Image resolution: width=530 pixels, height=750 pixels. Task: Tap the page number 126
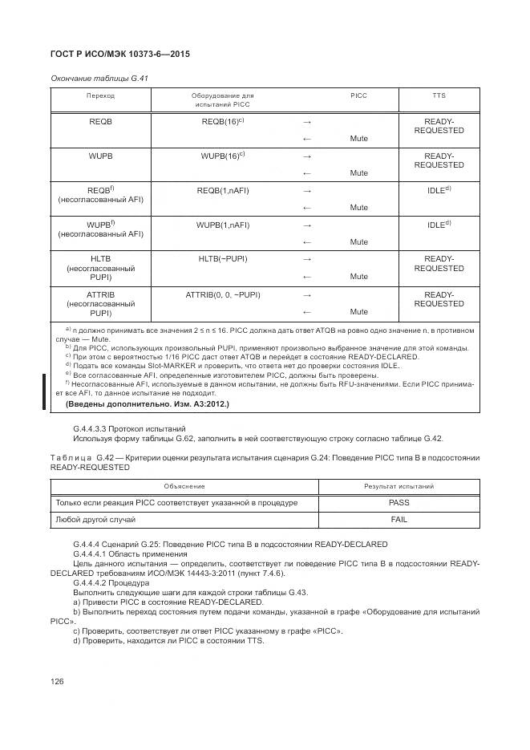tap(57, 681)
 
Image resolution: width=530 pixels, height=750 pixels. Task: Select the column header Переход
tap(101, 95)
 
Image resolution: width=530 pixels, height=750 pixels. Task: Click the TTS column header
tap(439, 95)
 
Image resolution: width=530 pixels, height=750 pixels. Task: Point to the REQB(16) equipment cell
tap(223, 121)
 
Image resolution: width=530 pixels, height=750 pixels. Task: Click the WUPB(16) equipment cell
tap(223, 156)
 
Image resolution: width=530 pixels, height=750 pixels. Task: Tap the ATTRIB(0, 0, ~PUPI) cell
tap(223, 295)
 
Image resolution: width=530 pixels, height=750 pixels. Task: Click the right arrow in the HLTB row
tap(306, 260)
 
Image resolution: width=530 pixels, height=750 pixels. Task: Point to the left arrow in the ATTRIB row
tap(306, 312)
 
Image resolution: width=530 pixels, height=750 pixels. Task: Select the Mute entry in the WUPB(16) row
tap(358, 173)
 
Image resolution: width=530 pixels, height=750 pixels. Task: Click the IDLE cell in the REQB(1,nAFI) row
tap(439, 191)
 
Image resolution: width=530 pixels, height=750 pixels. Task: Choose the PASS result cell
tap(399, 503)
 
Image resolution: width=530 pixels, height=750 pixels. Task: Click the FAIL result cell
tap(399, 521)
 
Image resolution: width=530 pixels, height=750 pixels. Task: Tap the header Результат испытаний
tap(399, 486)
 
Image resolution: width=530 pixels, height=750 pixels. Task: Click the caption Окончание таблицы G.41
tap(100, 78)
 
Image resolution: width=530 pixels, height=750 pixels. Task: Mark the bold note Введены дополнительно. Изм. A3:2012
tap(147, 404)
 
